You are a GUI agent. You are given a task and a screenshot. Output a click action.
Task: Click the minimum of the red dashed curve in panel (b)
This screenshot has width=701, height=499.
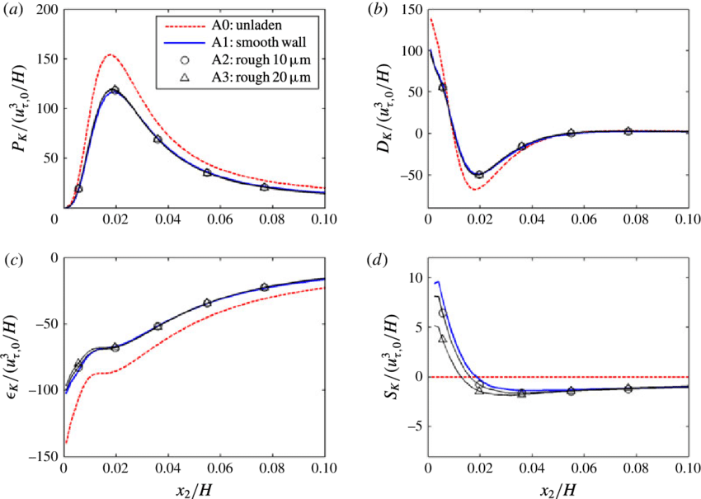pos(473,189)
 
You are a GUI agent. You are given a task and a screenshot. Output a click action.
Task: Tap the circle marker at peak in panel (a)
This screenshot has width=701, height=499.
pos(115,90)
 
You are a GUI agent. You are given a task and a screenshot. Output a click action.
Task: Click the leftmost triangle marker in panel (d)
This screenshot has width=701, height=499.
pos(442,338)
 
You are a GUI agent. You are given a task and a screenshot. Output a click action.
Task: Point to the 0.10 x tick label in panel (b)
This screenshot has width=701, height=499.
pos(685,219)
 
